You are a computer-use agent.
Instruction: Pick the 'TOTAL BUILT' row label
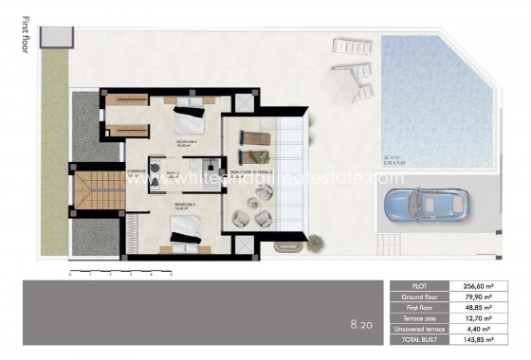(423, 339)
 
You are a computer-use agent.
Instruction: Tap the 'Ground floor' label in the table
(423, 297)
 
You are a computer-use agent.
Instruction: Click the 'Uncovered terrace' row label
(423, 329)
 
